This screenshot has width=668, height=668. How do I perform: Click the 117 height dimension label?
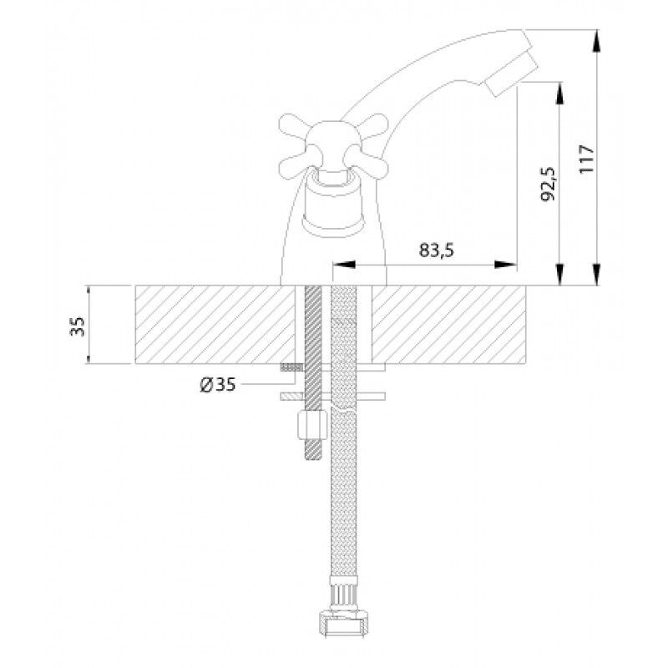587,159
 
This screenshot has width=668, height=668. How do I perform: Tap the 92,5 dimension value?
548,184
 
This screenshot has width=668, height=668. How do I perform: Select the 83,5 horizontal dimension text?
436,250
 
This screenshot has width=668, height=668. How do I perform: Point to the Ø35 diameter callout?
218,385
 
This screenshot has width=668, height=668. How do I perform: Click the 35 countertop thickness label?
78,326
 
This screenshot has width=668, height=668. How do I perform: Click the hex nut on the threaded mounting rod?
312,425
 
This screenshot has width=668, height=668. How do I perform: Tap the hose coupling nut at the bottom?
343,625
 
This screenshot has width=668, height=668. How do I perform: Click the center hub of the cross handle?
333,144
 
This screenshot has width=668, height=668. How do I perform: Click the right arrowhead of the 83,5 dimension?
505,265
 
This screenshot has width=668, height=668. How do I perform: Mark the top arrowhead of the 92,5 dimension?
559,93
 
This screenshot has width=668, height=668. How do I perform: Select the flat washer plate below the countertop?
332,397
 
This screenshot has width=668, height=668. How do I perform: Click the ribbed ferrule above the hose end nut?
343,595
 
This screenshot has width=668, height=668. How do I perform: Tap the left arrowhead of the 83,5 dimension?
344,265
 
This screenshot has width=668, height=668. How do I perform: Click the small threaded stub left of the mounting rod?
291,367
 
